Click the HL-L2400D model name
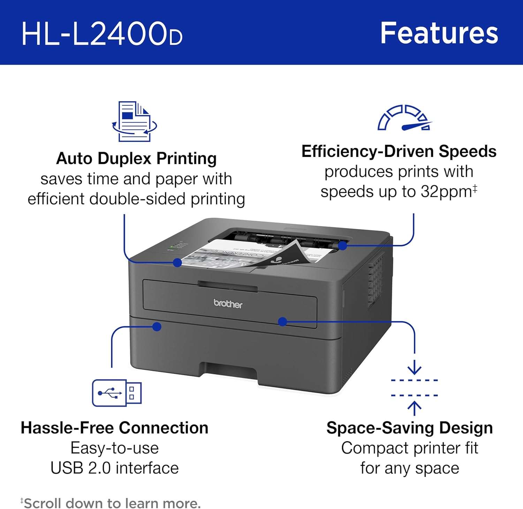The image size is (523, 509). point(102,33)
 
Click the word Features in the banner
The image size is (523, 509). point(439,33)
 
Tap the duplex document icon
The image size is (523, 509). point(135,121)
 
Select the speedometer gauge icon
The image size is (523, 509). point(405,118)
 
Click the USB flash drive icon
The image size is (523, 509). point(117,393)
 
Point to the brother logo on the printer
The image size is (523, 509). point(228,304)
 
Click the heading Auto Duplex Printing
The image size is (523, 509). point(136,158)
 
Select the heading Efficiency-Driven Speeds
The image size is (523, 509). point(399,151)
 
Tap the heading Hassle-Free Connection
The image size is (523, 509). point(114,428)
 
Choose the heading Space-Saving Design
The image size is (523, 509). point(410,428)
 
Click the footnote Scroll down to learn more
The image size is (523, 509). point(111,503)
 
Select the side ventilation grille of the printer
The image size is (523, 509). point(375,279)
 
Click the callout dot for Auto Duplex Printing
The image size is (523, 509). point(177,263)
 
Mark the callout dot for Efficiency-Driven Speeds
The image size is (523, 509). point(343,246)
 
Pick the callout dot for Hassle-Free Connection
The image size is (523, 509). point(157,327)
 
